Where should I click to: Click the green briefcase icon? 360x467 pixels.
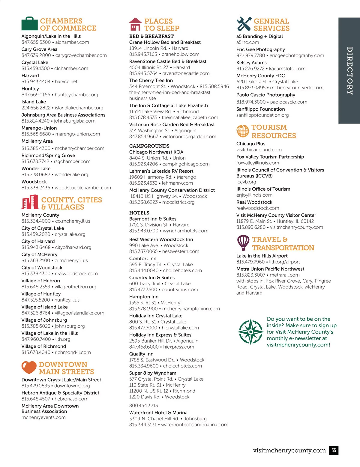point(29,24)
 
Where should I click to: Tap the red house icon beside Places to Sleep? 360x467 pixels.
point(135,24)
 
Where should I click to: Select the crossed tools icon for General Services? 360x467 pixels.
point(244,24)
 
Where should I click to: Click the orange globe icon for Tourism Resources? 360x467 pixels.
point(243,131)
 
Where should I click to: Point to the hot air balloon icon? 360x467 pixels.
point(243,242)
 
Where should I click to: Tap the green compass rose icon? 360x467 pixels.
point(250,332)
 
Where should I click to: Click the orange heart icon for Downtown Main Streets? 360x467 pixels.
point(29,367)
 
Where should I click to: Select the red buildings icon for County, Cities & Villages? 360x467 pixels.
point(30,202)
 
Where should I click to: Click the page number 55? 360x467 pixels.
point(334,450)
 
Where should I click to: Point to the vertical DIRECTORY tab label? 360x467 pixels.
point(349,71)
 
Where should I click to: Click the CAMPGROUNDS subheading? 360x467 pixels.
point(149,146)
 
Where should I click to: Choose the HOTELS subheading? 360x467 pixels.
point(139,213)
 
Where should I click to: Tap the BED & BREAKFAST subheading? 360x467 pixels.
point(151,36)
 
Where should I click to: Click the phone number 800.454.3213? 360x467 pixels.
point(144,406)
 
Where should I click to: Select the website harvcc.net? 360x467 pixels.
point(66,82)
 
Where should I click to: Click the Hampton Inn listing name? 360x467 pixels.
point(144,297)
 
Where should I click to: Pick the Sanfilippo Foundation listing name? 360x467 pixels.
point(260,109)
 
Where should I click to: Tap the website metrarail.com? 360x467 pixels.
point(285,275)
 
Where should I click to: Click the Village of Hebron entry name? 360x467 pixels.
point(41,281)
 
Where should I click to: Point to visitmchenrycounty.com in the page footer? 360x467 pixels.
point(289,450)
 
